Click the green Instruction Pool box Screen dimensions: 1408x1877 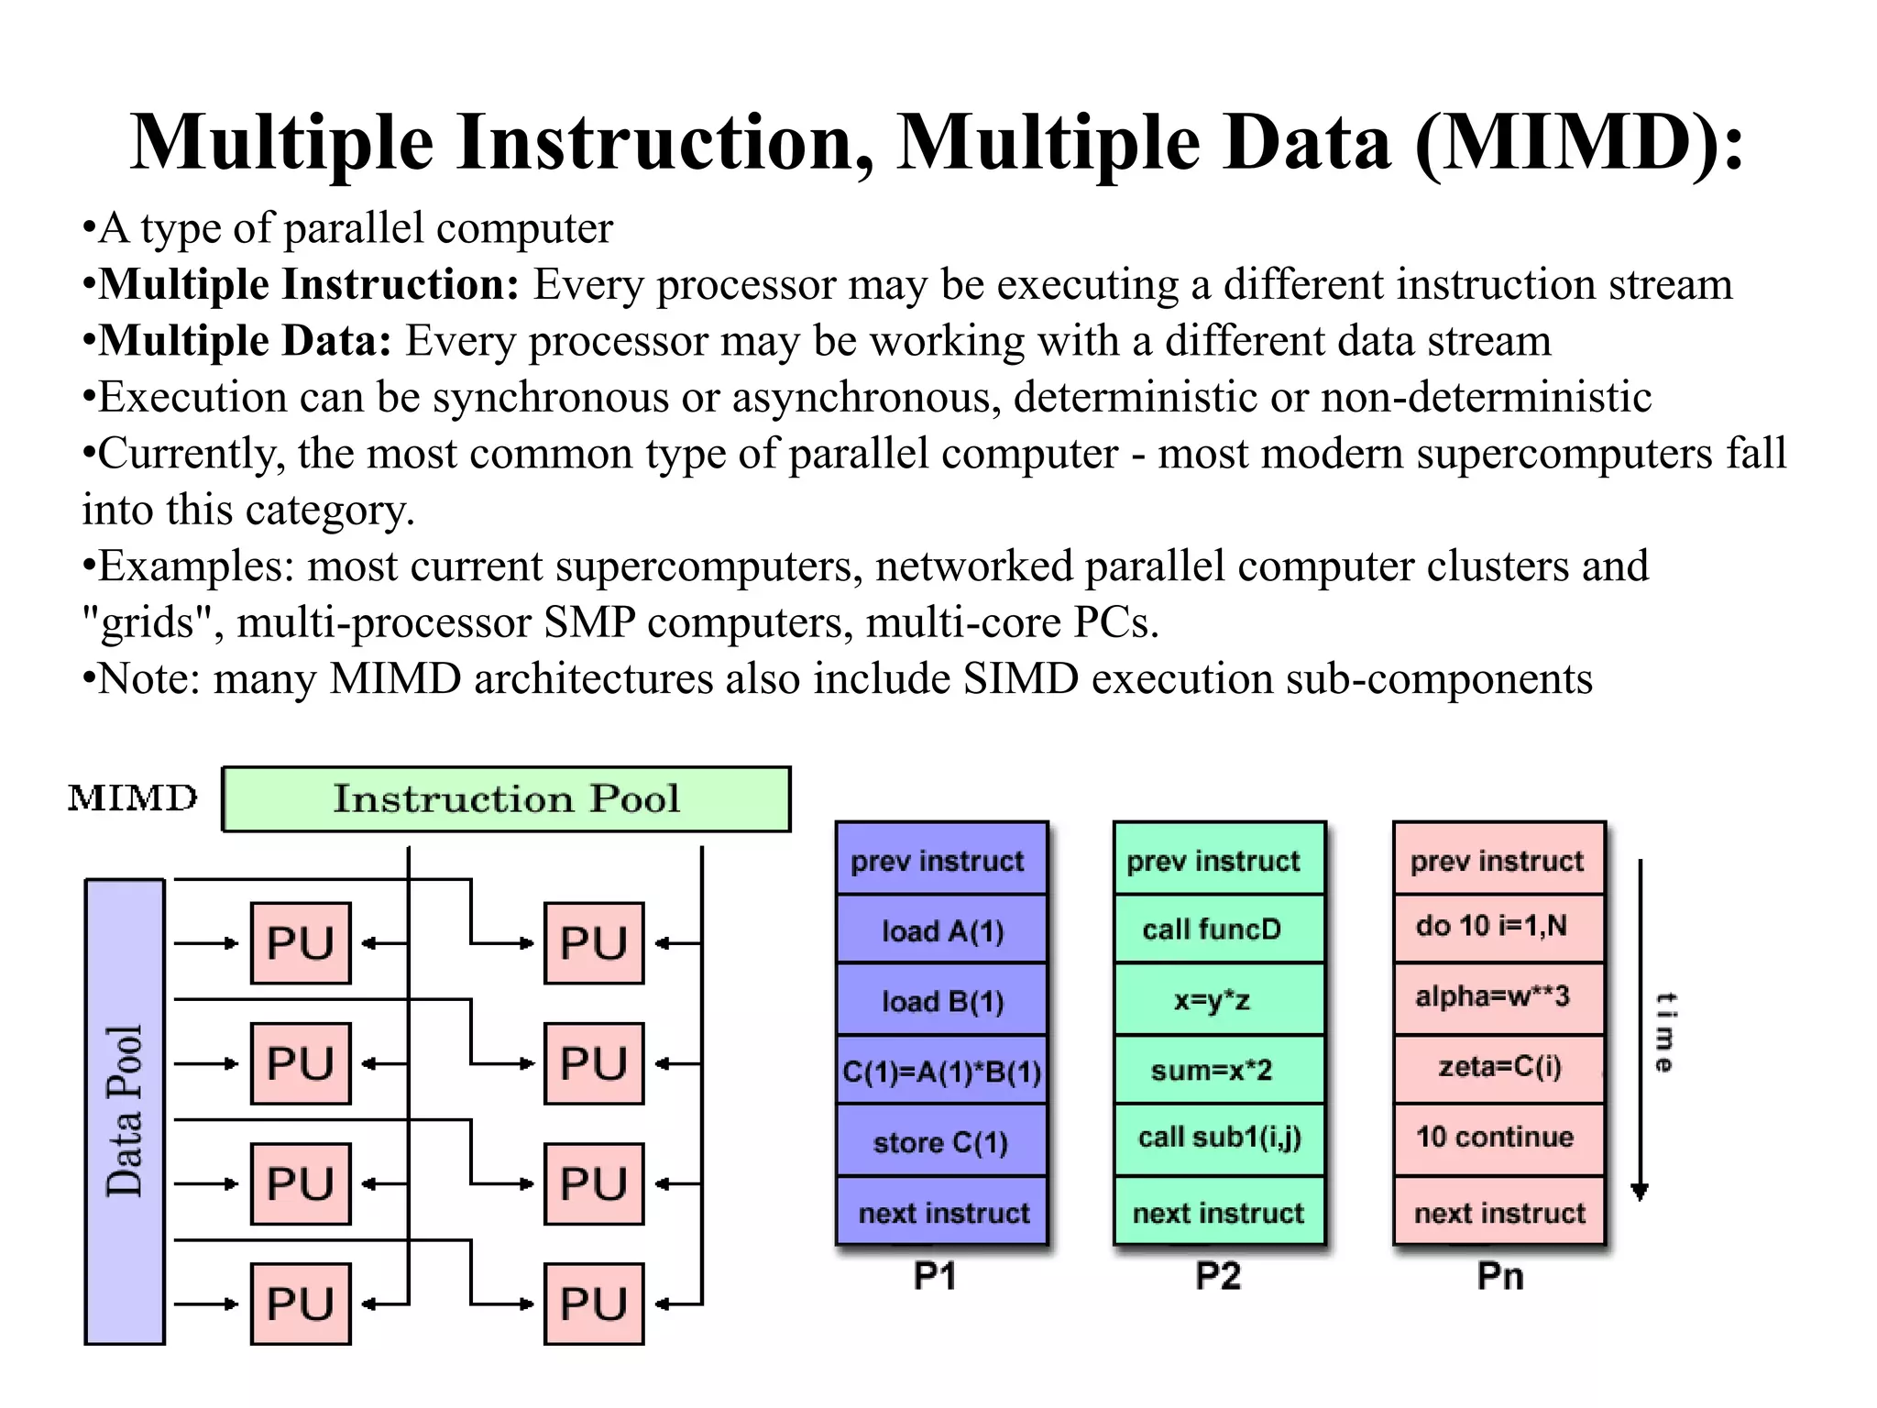coord(506,799)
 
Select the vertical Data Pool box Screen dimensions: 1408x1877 coord(125,1111)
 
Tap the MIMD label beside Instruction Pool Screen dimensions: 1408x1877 coord(133,798)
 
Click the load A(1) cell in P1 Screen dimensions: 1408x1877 coord(942,931)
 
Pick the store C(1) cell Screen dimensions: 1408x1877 coord(941,1142)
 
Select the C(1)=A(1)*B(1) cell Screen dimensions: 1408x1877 coord(942,1072)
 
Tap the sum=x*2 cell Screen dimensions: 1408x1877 coord(1212,1070)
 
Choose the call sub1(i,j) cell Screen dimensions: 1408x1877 coord(1219,1138)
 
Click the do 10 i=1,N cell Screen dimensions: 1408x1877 coord(1492,926)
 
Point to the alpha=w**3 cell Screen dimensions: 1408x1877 coord(1492,996)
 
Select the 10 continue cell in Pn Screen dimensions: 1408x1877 coord(1495,1138)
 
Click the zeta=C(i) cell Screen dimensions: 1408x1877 coord(1499,1067)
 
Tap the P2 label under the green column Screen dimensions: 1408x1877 coord(1218,1276)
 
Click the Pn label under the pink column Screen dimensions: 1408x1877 coord(1499,1276)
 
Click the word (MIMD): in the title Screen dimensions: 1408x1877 coord(1578,143)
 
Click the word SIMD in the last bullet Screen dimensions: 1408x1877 coord(1020,679)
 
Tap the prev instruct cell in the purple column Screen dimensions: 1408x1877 coord(938,861)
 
